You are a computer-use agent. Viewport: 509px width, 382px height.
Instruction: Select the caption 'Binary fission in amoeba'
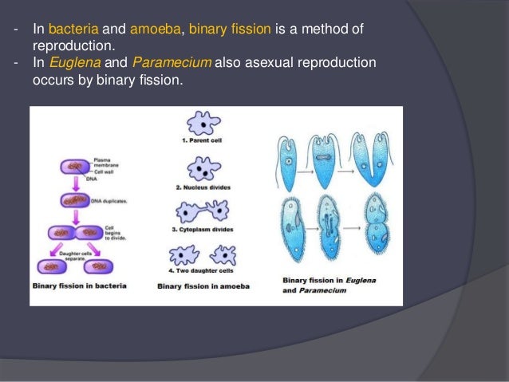[x=205, y=285]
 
